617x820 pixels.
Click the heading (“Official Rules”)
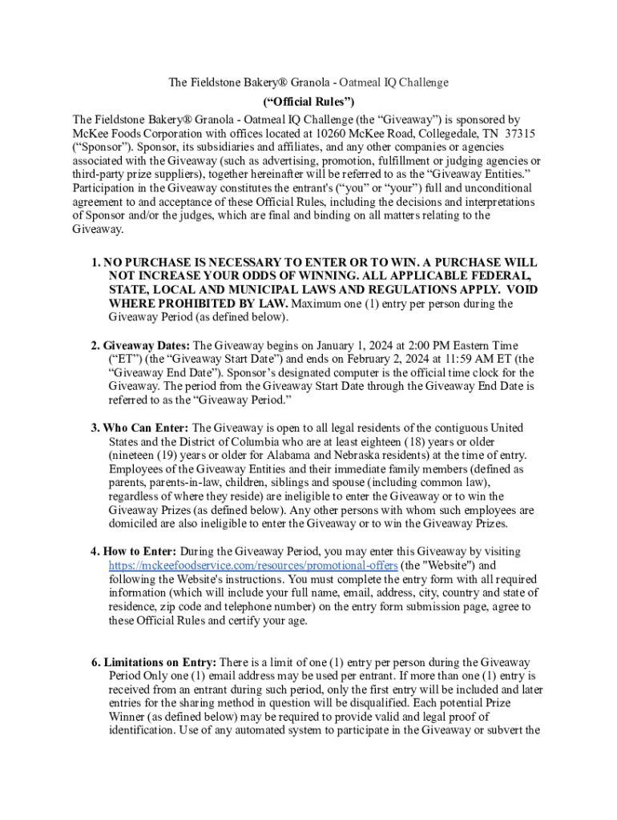coord(308,102)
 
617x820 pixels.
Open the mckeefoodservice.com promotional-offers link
coord(253,565)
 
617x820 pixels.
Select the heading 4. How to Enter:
coord(134,552)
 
